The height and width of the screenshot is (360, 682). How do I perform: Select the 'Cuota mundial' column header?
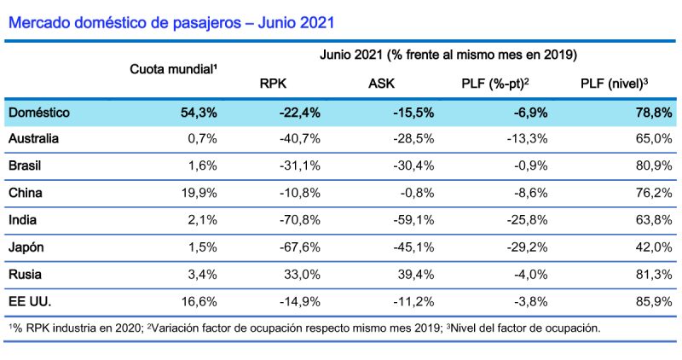[173, 67]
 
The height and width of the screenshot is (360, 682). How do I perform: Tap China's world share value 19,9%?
[199, 192]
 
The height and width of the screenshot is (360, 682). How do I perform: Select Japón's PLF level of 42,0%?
[653, 247]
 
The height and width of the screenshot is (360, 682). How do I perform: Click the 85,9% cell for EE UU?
[653, 301]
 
